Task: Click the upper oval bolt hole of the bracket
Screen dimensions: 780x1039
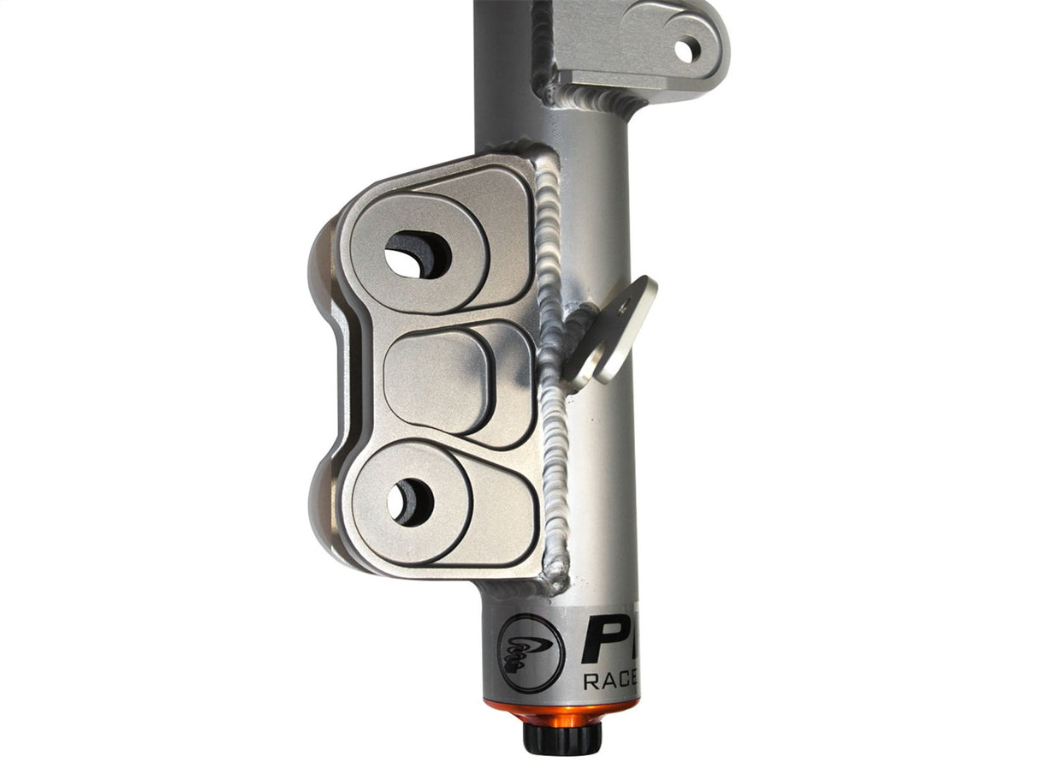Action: [x=417, y=254]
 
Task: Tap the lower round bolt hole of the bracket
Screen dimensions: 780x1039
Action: [x=410, y=502]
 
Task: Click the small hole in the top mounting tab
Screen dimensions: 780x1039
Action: [x=686, y=51]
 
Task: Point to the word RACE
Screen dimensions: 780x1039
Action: [x=610, y=682]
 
